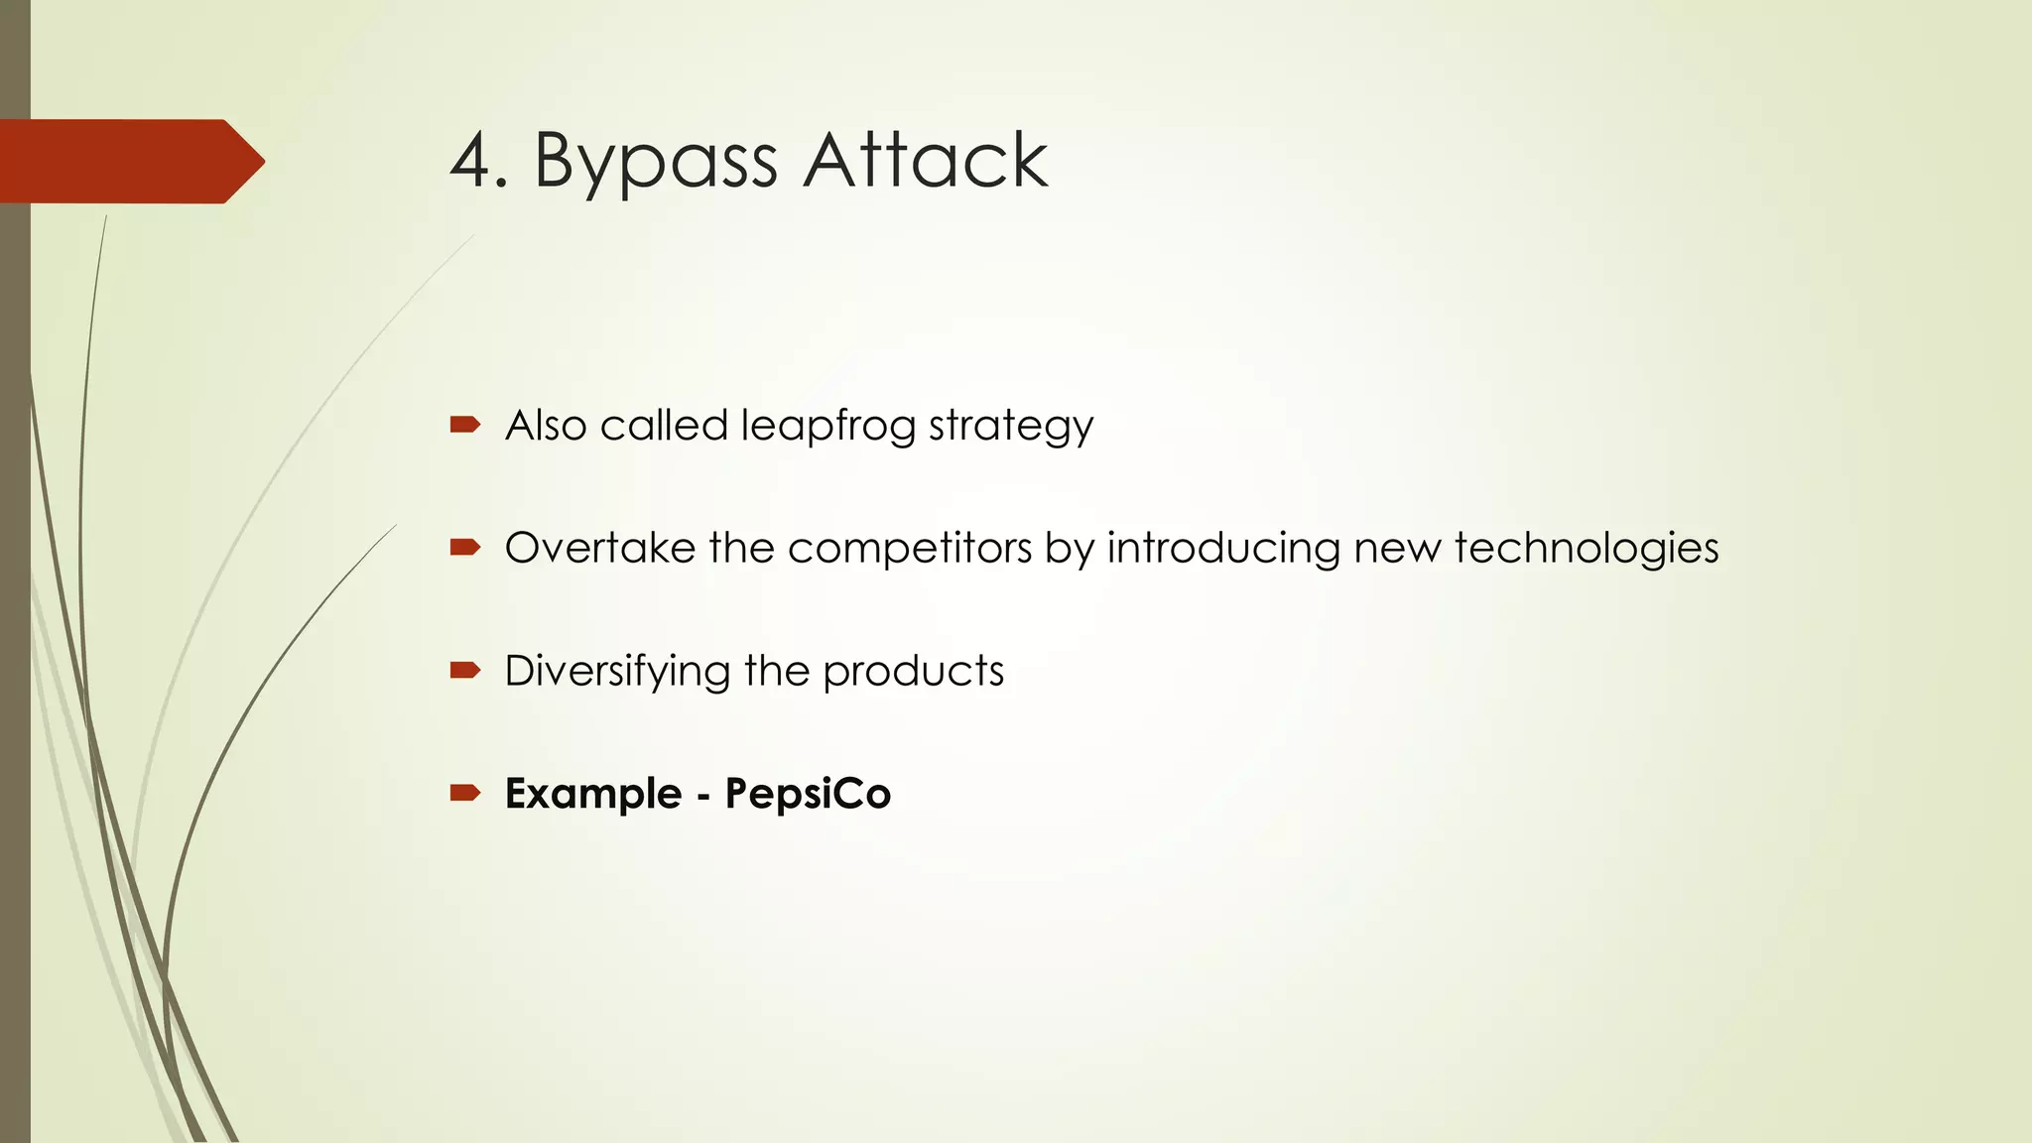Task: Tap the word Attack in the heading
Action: [x=925, y=161]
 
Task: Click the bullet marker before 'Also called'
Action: [x=464, y=425]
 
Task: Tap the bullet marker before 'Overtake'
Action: [x=464, y=547]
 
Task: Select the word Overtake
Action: [x=599, y=548]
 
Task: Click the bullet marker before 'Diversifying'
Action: [x=464, y=671]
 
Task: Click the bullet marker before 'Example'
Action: [x=464, y=792]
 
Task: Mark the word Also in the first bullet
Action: [x=546, y=426]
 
